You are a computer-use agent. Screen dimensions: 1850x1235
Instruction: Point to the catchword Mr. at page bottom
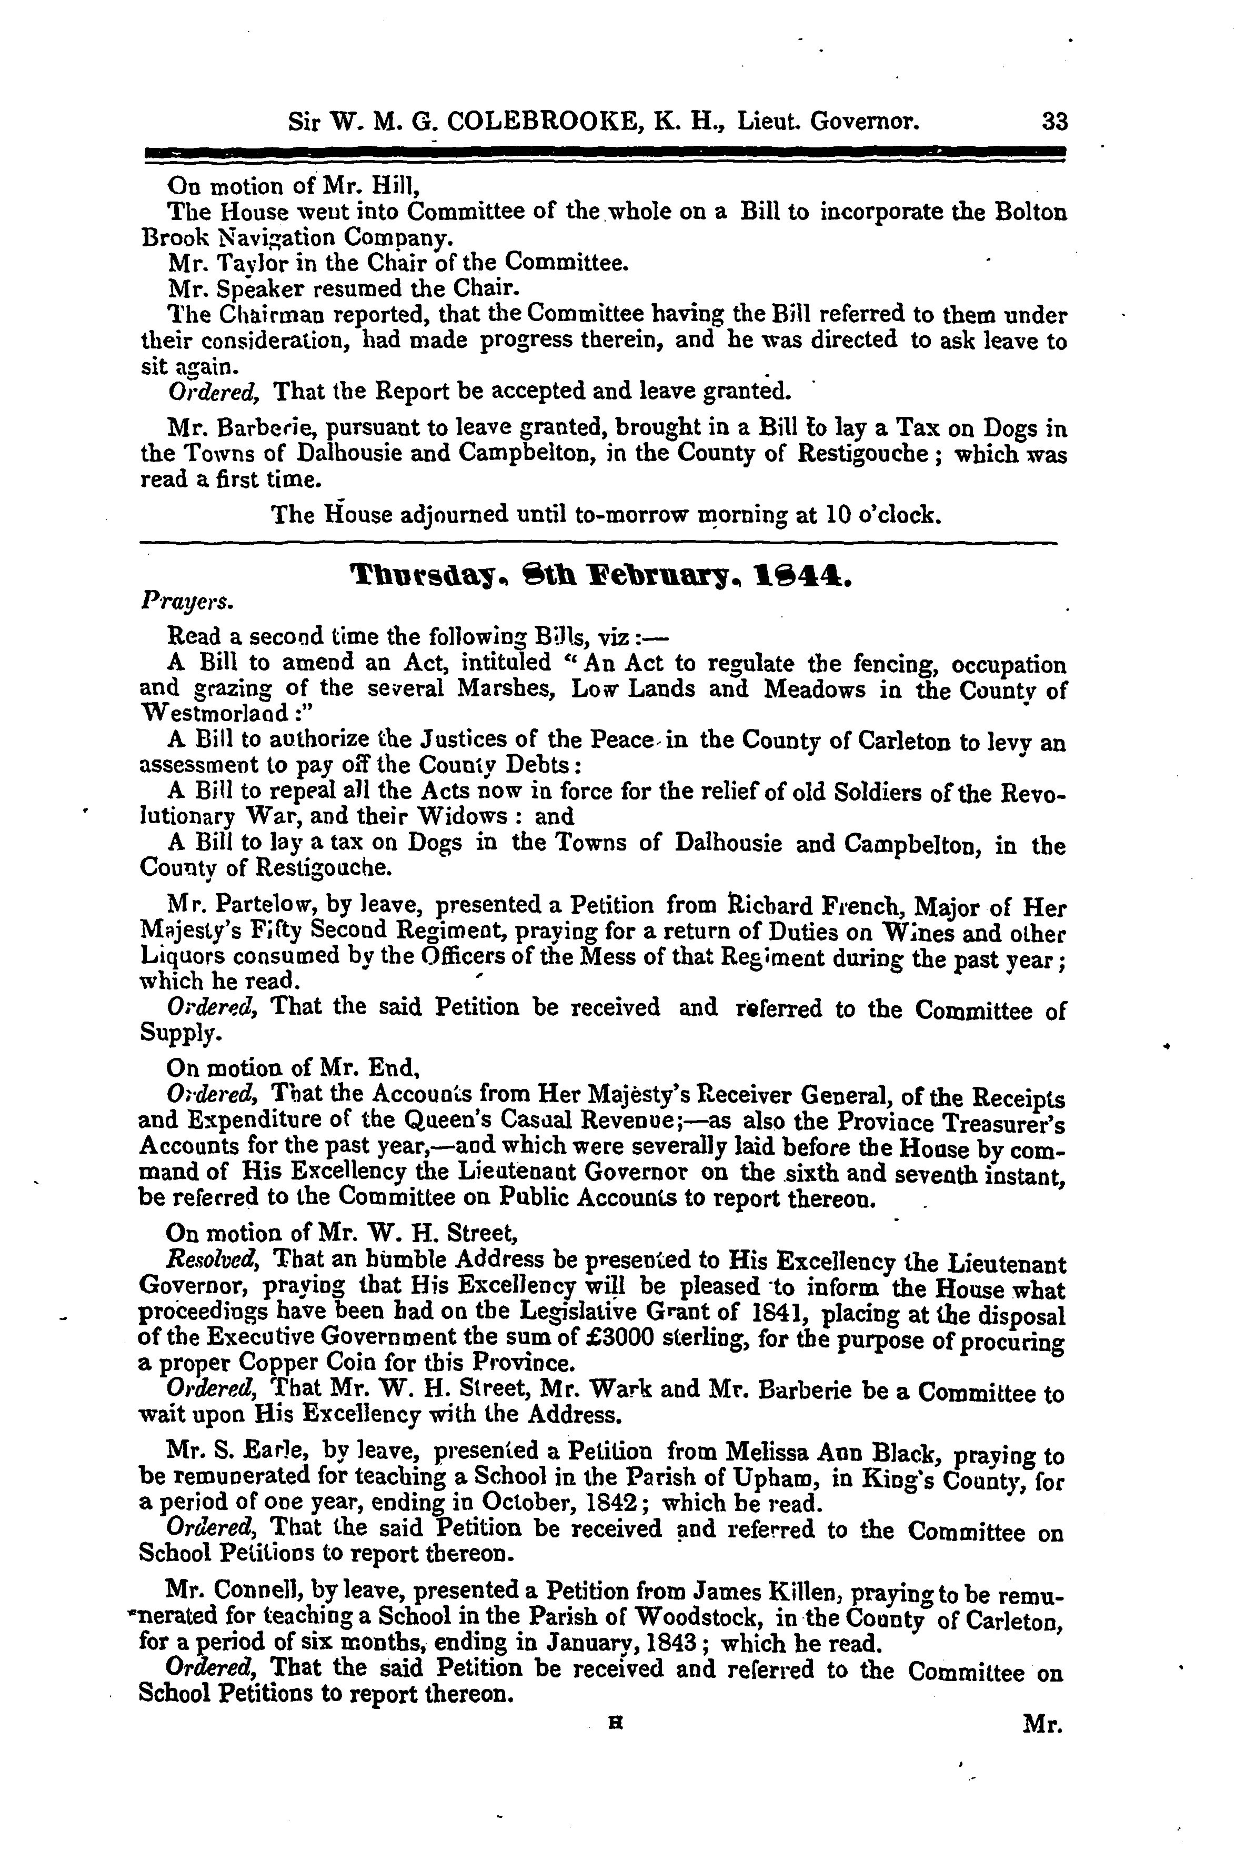[1043, 1725]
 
